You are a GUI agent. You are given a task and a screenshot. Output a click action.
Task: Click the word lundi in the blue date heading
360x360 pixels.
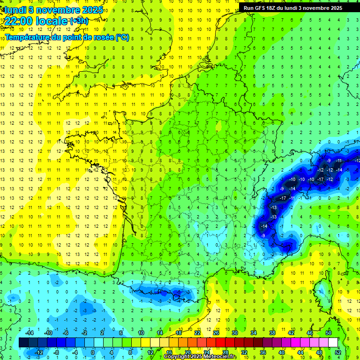point(15,10)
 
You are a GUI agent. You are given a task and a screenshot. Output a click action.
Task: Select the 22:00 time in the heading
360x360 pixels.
point(20,21)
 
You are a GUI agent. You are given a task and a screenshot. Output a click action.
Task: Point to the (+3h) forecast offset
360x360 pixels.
point(78,21)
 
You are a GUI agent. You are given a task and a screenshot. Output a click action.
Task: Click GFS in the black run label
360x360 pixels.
point(262,8)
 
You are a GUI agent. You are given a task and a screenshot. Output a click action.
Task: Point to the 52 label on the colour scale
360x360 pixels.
point(338,352)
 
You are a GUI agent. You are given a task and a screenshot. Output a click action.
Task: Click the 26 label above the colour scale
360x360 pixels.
point(216,333)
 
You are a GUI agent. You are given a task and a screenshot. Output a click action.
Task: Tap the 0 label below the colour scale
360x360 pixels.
point(92,352)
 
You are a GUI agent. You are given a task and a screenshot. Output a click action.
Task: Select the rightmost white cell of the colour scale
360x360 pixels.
point(333,343)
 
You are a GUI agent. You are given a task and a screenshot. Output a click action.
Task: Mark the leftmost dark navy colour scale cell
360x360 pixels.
point(24,343)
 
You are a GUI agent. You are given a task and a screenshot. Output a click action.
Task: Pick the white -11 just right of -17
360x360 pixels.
point(292,198)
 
